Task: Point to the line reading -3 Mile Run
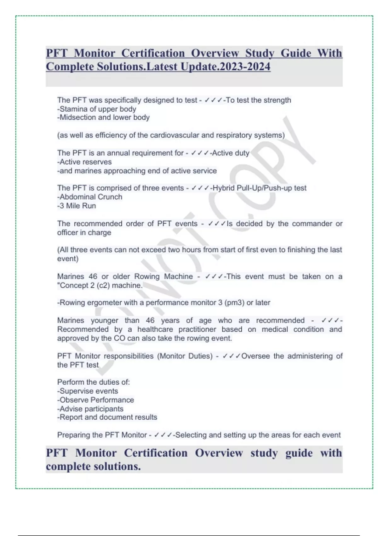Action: point(77,206)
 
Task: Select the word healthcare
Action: point(155,329)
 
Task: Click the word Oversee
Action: point(255,356)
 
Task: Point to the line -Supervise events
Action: point(88,391)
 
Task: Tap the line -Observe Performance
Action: point(95,400)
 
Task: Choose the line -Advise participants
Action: point(90,409)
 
